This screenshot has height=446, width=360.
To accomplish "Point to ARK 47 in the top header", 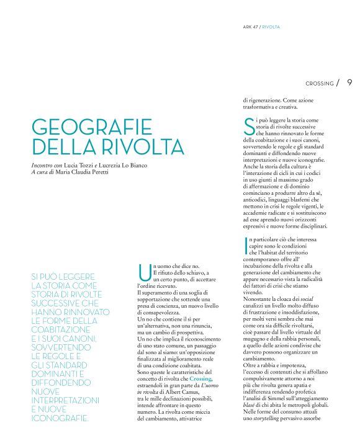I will [x=250, y=27].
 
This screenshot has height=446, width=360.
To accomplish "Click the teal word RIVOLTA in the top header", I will [x=271, y=27].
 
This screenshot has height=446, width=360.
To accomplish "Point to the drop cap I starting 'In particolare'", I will [x=245, y=246].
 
